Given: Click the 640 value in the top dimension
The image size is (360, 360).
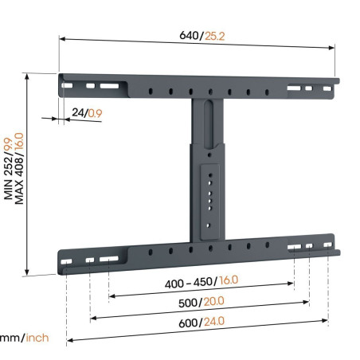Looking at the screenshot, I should [188, 36].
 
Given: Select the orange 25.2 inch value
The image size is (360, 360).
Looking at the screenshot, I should [213, 36].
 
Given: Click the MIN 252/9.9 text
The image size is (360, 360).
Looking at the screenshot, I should [9, 170].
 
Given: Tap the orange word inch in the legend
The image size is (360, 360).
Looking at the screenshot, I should [37, 338].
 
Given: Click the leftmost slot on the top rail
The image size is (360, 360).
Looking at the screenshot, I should [68, 84].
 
